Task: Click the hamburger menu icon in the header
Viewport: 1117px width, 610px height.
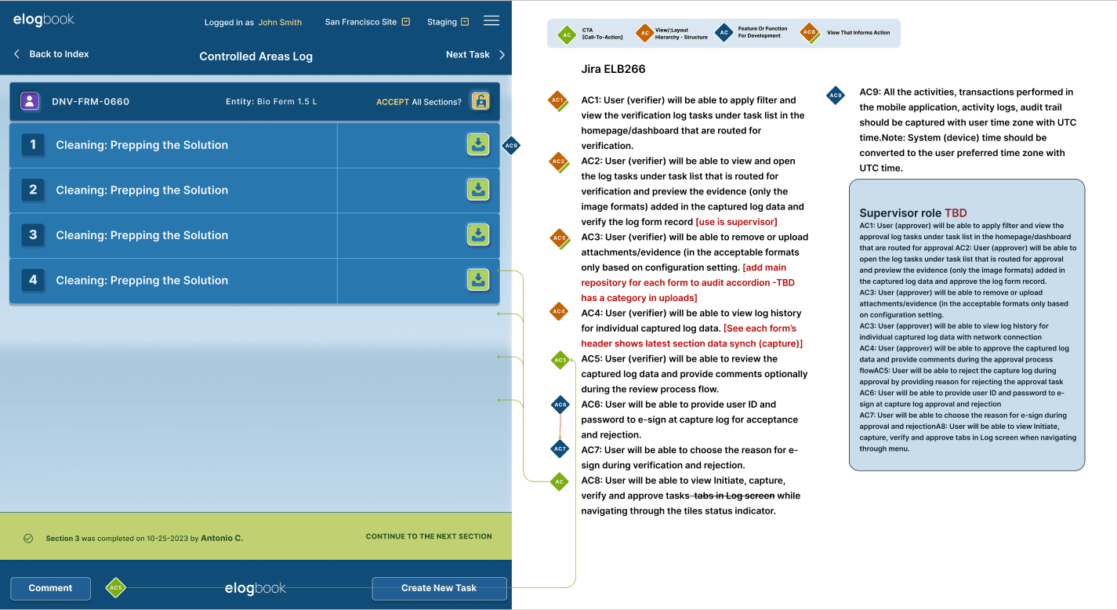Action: click(x=491, y=21)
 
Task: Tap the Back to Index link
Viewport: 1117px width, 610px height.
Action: click(x=52, y=54)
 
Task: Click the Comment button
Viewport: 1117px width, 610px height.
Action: click(x=50, y=588)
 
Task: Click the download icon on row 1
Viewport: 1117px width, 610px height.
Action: click(x=478, y=145)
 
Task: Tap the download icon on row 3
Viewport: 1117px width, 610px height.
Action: click(x=478, y=234)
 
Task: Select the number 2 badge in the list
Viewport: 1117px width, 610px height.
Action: click(x=33, y=190)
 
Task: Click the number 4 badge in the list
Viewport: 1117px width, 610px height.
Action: click(x=33, y=280)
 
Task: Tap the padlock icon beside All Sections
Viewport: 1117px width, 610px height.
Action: click(x=481, y=101)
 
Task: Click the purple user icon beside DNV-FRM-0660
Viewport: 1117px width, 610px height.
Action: click(x=30, y=101)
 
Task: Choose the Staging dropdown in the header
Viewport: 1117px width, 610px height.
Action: click(x=448, y=22)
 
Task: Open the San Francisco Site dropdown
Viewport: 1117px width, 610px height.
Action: click(x=367, y=22)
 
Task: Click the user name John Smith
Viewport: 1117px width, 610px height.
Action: click(x=280, y=22)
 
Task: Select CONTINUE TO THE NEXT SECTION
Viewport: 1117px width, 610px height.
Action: click(x=429, y=536)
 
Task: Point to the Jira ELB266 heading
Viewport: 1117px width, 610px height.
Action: click(x=613, y=69)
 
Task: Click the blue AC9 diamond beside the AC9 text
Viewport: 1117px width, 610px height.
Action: click(x=836, y=96)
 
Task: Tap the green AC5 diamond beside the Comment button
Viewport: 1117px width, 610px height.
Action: click(x=116, y=587)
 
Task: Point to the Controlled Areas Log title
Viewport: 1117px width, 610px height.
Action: click(x=256, y=56)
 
